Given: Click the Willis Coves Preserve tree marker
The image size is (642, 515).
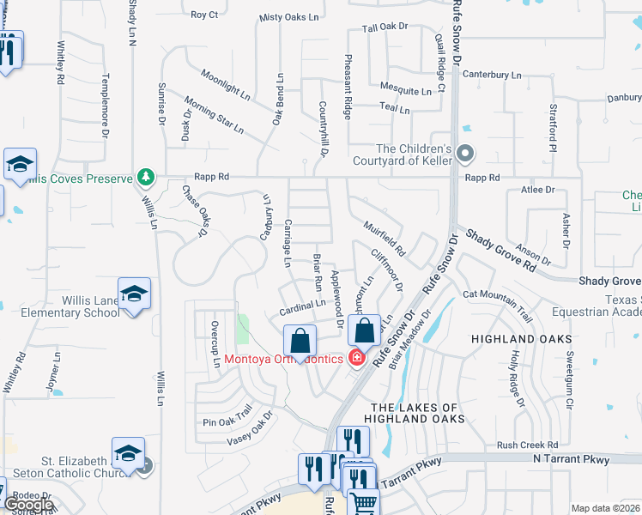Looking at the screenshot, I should (146, 178).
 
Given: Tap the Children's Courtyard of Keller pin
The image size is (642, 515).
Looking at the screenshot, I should (465, 154).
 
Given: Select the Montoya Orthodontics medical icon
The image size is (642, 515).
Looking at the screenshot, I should (356, 358).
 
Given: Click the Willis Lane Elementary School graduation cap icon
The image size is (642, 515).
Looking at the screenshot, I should (135, 295).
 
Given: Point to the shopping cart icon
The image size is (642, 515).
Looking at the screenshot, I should (363, 500).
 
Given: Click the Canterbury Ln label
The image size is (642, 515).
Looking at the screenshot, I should (492, 75).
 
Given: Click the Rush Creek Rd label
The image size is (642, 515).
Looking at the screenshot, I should (527, 445).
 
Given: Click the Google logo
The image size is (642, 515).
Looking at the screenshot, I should (28, 506).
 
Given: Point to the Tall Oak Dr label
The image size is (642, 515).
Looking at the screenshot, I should (385, 27).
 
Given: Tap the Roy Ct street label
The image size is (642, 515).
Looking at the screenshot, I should (204, 15).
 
